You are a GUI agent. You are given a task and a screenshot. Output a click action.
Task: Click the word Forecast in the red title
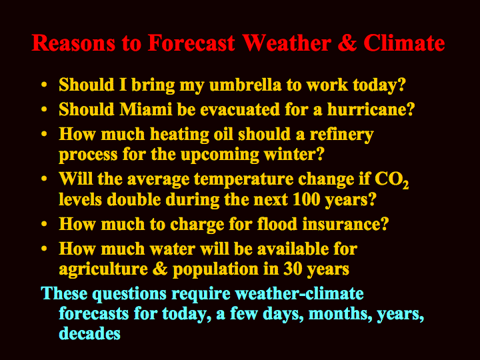click(191, 43)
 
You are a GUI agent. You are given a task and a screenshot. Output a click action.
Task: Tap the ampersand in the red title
click(347, 43)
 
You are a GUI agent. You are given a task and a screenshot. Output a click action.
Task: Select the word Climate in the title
click(404, 43)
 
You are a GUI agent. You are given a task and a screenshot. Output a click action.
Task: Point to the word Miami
click(146, 109)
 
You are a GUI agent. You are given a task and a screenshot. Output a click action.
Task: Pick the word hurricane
click(371, 109)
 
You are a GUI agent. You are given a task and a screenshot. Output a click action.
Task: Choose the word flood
click(277, 224)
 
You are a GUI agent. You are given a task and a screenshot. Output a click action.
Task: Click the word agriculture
click(103, 270)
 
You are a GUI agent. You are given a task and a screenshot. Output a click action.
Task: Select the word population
click(215, 270)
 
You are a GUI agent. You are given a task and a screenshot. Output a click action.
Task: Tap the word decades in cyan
click(89, 333)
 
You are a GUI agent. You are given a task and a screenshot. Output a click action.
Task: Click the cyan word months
click(340, 314)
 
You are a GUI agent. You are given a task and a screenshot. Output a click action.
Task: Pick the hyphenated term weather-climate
click(299, 293)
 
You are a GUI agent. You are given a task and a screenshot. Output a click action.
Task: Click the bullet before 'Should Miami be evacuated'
click(44, 109)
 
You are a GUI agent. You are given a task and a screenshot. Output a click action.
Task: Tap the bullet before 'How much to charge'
click(44, 224)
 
